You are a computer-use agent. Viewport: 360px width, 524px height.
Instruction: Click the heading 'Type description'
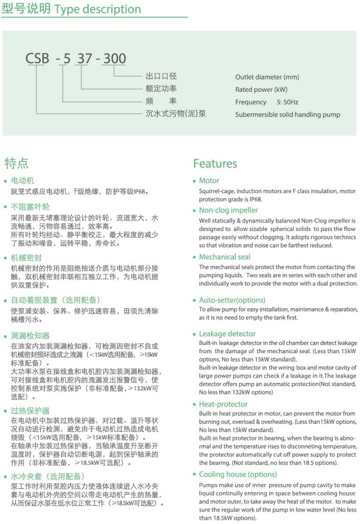click(97, 9)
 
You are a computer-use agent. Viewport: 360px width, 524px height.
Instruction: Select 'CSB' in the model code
click(37, 59)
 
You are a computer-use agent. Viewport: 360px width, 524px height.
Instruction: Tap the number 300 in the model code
click(114, 59)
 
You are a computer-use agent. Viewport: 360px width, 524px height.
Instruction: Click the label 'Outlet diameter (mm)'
click(267, 77)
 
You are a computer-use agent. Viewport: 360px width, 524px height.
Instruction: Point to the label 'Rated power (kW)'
click(261, 90)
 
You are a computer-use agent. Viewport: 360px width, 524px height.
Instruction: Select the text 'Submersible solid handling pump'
click(287, 114)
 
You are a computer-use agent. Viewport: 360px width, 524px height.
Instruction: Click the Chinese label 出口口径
click(161, 76)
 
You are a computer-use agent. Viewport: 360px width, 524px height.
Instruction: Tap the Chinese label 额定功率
click(161, 89)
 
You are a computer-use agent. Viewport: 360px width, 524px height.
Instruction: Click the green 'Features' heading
click(215, 164)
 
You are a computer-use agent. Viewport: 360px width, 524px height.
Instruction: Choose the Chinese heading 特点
click(16, 163)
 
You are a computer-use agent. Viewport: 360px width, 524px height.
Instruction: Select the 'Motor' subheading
click(209, 181)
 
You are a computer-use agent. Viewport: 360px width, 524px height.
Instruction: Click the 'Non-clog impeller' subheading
click(228, 210)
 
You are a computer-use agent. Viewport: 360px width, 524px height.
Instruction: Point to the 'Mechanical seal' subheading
click(225, 257)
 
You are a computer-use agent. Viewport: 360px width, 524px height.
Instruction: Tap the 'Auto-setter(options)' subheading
click(232, 300)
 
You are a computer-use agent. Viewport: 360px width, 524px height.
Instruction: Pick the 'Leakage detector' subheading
click(227, 334)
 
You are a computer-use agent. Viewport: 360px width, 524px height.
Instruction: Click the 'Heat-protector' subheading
click(223, 404)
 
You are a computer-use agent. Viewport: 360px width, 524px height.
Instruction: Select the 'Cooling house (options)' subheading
click(238, 475)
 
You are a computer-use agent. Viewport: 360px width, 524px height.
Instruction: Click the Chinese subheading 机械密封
click(27, 258)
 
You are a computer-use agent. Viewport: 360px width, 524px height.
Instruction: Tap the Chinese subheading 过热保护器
click(30, 411)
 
